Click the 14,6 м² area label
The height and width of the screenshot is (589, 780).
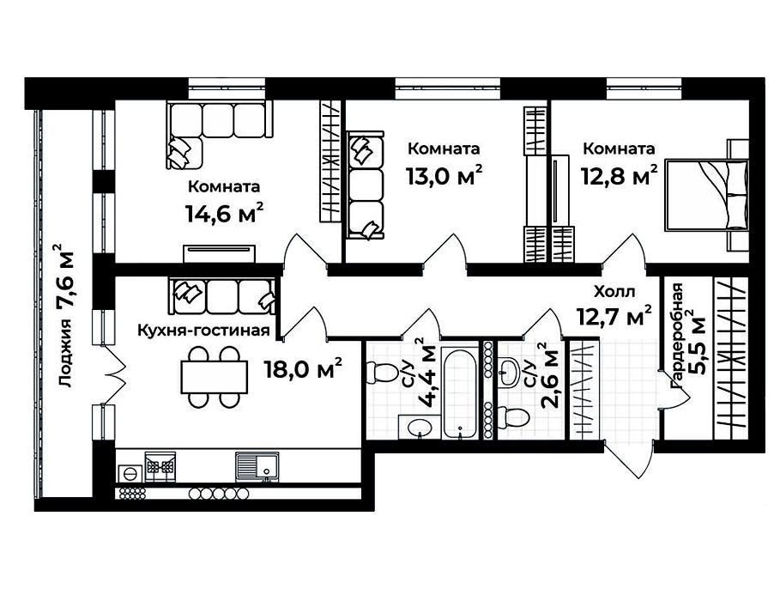click(224, 213)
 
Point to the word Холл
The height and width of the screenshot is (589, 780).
click(614, 291)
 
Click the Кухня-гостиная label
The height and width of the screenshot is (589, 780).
click(203, 330)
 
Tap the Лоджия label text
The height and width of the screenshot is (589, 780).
click(64, 354)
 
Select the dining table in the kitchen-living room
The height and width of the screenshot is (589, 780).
click(215, 377)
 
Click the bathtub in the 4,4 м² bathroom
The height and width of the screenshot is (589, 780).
click(460, 394)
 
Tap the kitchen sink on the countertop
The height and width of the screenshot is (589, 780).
click(257, 466)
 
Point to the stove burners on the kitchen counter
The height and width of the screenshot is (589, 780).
click(160, 466)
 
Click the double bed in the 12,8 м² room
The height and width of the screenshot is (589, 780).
click(707, 195)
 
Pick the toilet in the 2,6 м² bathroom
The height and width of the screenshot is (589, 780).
click(513, 416)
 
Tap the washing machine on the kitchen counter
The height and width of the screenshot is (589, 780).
click(130, 473)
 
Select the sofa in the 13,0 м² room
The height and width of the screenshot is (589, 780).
click(366, 185)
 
